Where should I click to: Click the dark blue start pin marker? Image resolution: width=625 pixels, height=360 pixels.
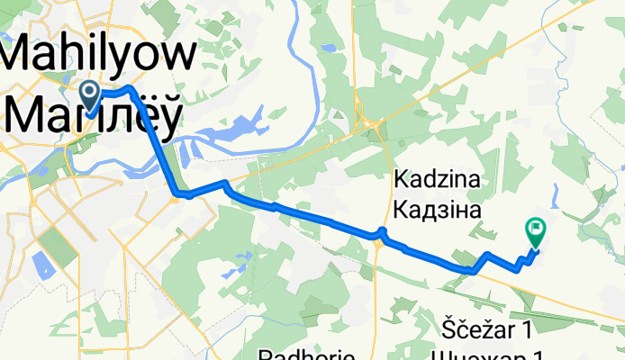[x=90, y=91]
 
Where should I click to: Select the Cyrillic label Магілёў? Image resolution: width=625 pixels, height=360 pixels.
[x=95, y=114]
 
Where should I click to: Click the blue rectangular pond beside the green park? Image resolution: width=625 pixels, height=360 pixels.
[x=41, y=264]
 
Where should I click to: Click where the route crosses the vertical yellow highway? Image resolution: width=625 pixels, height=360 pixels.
[x=381, y=235]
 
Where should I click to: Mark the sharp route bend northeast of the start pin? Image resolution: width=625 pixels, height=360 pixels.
[x=131, y=89]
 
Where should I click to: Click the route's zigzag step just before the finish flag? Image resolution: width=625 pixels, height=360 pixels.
[x=521, y=262]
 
